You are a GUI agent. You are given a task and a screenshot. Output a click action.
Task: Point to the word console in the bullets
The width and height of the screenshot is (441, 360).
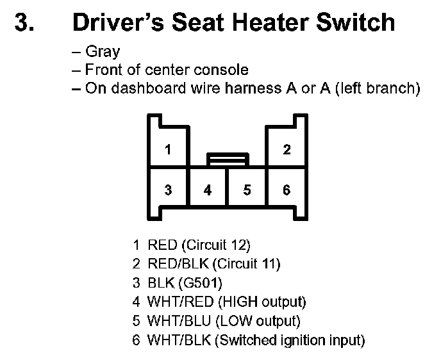[222, 70]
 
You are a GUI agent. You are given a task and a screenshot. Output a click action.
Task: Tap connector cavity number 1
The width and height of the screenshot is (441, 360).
[168, 150]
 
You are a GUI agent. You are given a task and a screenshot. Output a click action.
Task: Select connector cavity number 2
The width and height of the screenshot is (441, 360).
[287, 150]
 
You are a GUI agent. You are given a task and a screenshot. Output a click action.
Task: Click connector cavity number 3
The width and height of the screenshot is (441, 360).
[168, 190]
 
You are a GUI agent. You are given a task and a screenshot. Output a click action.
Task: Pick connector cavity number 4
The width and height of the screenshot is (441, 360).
[208, 190]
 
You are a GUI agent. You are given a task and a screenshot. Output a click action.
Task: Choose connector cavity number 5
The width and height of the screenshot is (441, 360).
[247, 190]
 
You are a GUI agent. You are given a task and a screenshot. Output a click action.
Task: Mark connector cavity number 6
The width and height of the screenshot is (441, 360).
[287, 190]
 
